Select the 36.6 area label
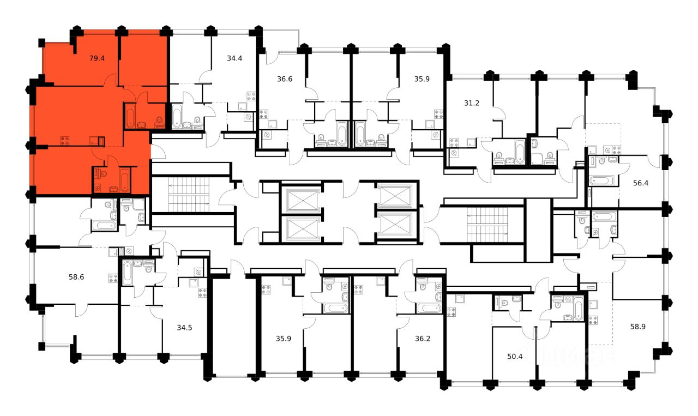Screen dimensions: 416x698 (285, 79)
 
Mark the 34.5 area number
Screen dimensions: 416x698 (185, 328)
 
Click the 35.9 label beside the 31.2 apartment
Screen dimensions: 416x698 (422, 79)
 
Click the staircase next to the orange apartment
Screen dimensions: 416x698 (188, 195)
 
